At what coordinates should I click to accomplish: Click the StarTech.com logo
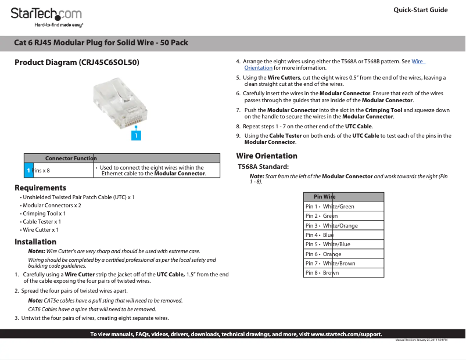coord(46,16)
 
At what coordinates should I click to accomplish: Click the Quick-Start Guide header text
coord(420,10)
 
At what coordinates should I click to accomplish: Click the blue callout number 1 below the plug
coord(135,135)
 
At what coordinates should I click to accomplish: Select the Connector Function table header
coord(70,158)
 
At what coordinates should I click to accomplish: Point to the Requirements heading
coord(40,188)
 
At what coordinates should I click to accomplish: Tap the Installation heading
coord(35,242)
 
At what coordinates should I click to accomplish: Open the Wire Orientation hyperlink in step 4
coord(417,61)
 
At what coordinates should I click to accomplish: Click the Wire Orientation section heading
coord(266,156)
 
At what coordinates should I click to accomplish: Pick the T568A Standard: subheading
coord(263,167)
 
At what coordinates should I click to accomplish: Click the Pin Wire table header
coord(324,197)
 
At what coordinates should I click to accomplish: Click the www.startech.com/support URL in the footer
coord(346,334)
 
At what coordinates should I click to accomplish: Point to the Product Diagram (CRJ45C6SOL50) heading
coord(77,62)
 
